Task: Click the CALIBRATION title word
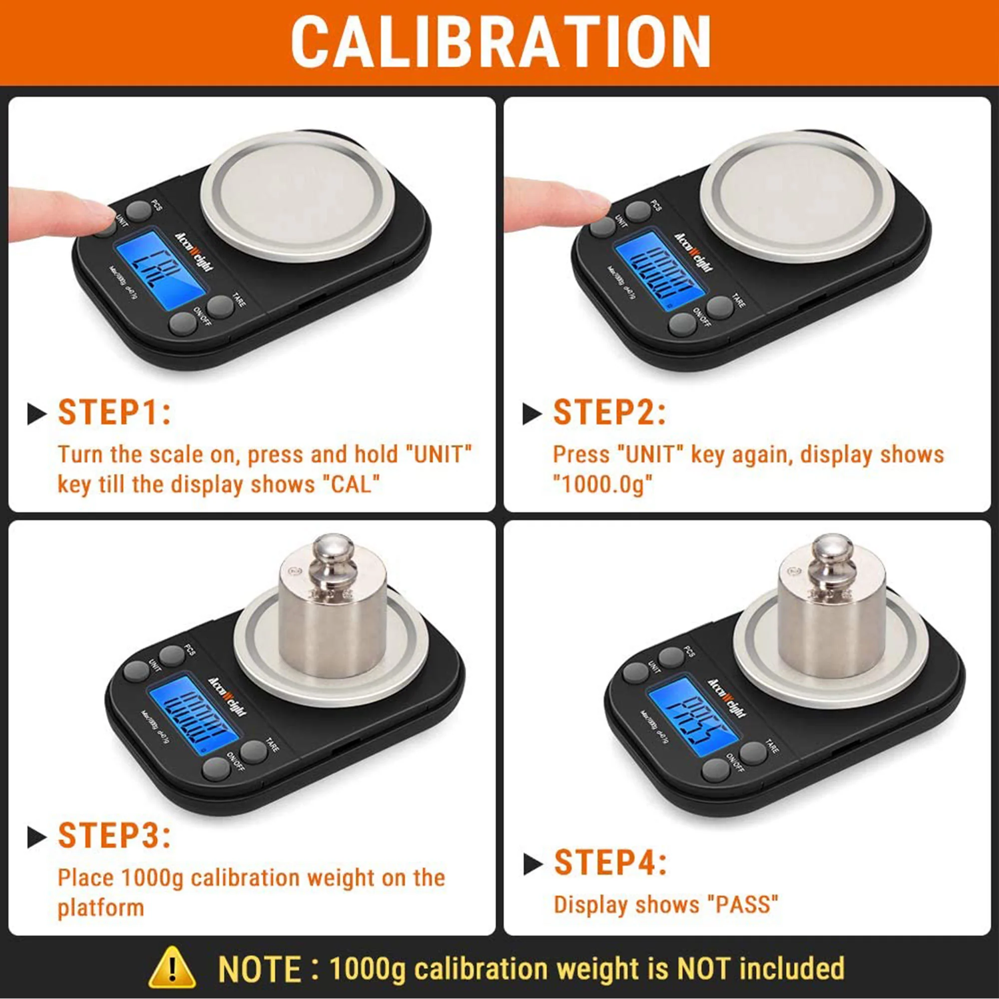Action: pyautogui.click(x=499, y=42)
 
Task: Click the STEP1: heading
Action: pyautogui.click(x=114, y=413)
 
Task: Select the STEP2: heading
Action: pyautogui.click(x=609, y=413)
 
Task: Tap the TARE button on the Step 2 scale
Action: pyautogui.click(x=720, y=307)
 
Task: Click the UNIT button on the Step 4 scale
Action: pyautogui.click(x=635, y=672)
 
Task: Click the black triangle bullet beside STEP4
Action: pyautogui.click(x=532, y=864)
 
